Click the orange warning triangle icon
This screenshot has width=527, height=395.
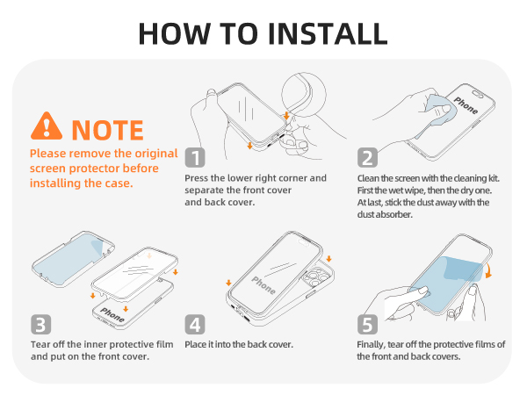pos(47,126)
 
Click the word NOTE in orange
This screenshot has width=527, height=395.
pos(107,130)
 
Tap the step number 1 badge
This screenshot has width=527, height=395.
pos(195,157)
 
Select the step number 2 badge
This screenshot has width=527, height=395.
pos(367,157)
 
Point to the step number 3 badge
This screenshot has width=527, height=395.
pos(41,325)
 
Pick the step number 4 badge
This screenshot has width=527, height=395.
pos(195,325)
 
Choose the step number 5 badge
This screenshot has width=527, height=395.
pos(367,325)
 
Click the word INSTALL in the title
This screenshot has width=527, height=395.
pos(328,33)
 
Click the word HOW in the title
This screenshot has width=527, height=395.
pos(175,33)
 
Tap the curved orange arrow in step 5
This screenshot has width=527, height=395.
pos(488,270)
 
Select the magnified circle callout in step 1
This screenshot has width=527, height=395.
pos(304,95)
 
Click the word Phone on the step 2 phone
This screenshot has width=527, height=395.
pos(466,105)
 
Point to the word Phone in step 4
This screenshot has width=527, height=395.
pos(263,285)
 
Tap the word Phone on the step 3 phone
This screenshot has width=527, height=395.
pos(112,315)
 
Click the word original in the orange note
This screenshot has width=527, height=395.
pos(156,154)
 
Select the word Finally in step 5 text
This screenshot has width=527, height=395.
pos(371,345)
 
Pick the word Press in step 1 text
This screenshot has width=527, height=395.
pos(196,178)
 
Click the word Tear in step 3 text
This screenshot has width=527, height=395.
pos(41,344)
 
